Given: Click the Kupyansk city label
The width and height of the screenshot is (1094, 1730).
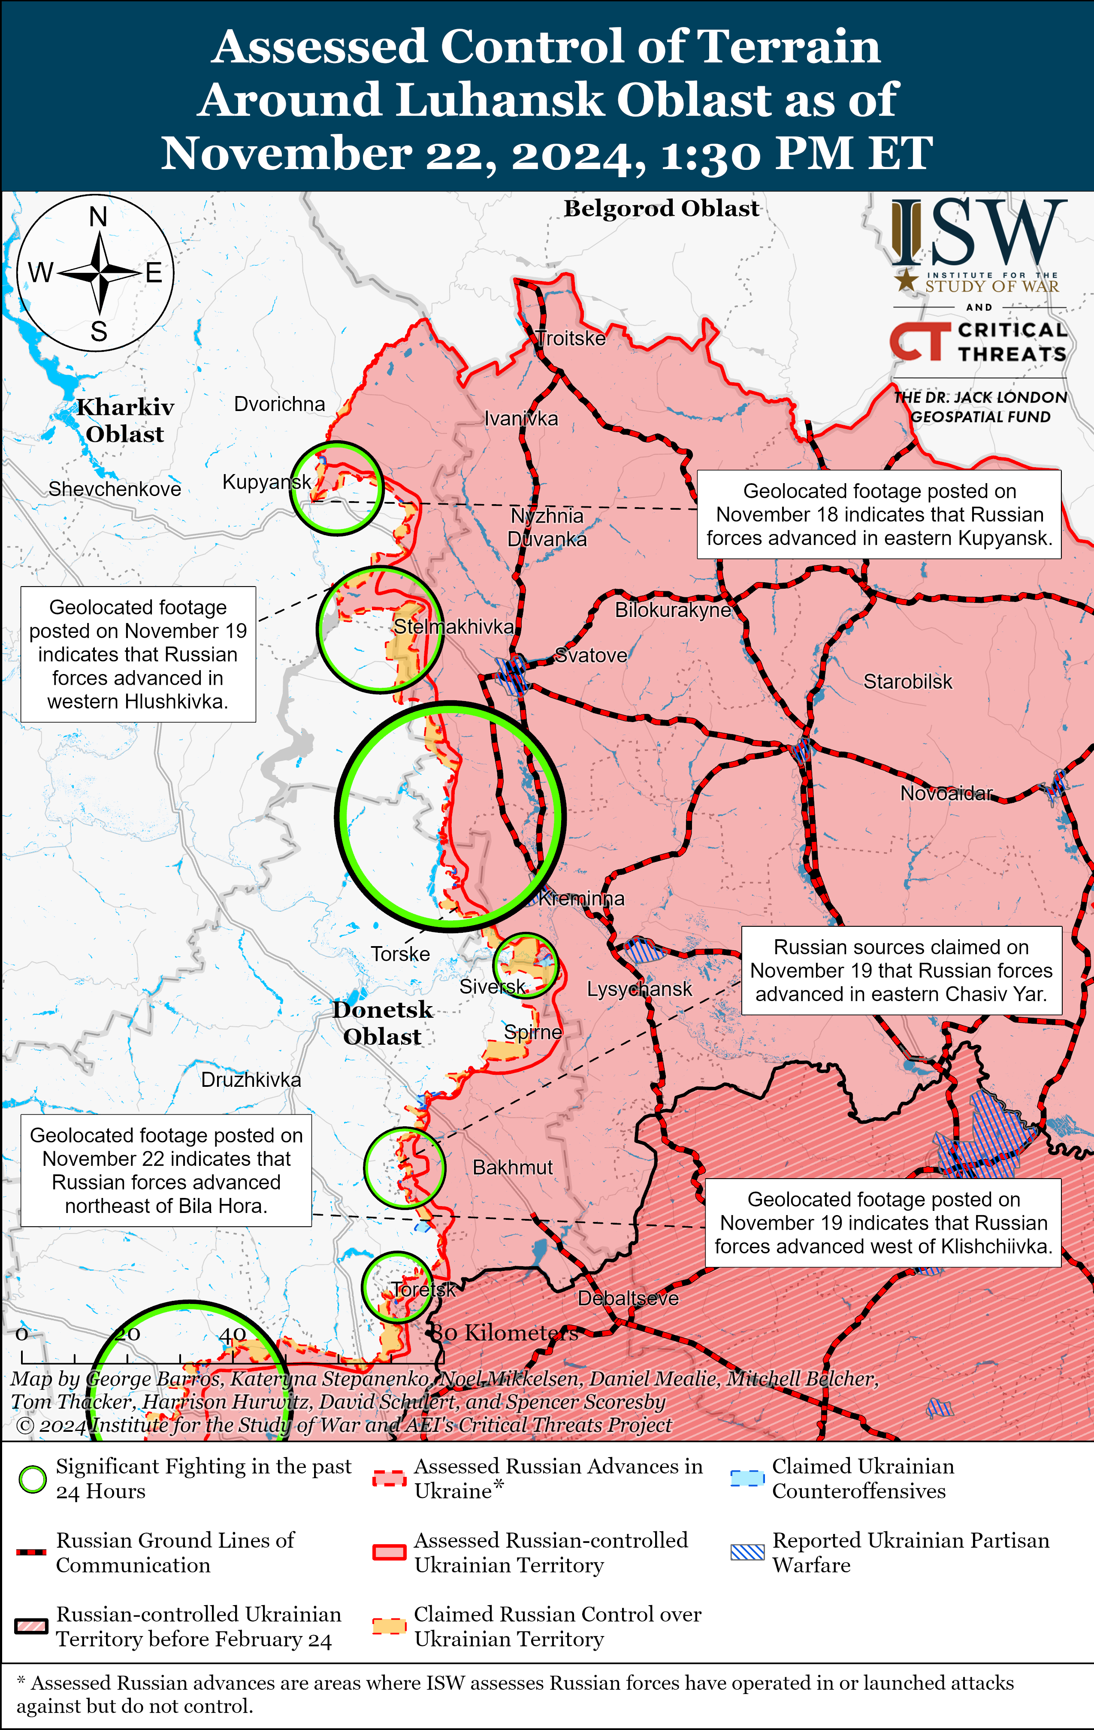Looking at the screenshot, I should tap(266, 482).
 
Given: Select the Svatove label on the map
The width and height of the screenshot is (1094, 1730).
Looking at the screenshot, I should tap(591, 655).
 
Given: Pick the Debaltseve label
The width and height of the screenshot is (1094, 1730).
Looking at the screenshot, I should tap(628, 1298).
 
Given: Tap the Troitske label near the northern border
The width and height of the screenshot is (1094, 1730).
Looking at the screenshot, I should tap(572, 339).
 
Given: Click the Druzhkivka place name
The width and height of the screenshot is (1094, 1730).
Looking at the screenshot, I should tap(251, 1080).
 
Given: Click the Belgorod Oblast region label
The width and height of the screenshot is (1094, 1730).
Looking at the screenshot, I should tap(661, 209).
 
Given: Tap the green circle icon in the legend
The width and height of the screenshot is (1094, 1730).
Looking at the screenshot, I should tap(32, 1479).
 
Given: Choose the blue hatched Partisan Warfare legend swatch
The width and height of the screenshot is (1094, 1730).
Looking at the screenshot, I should tap(747, 1552).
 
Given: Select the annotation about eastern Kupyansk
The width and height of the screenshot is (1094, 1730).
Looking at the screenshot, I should tap(879, 514).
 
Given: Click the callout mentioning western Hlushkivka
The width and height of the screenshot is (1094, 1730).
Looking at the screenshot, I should tap(138, 654).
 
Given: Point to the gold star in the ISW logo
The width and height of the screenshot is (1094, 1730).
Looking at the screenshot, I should tap(907, 279).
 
